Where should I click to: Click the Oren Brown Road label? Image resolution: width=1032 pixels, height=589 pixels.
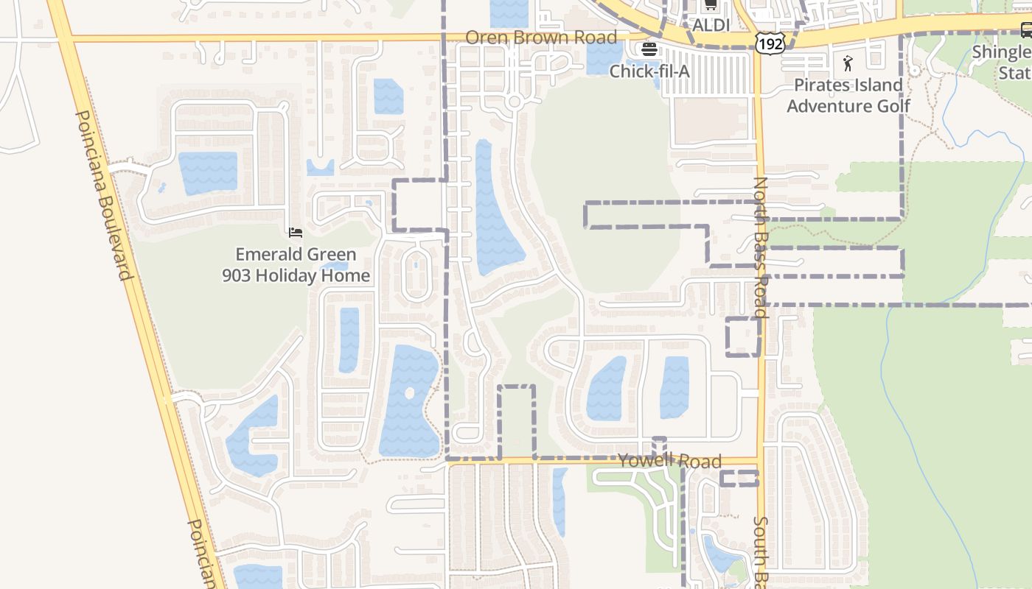(541, 38)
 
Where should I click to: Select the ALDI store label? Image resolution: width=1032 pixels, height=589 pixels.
(711, 25)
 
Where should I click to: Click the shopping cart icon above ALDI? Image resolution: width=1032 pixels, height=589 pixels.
(711, 6)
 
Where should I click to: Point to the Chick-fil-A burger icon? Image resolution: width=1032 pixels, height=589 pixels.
(649, 50)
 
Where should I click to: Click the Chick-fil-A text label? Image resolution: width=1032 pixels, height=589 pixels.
(649, 71)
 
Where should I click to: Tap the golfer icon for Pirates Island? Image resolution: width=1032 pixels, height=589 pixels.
(848, 63)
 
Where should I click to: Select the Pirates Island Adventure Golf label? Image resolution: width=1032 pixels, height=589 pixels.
(848, 95)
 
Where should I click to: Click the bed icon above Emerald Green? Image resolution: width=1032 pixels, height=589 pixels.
(296, 233)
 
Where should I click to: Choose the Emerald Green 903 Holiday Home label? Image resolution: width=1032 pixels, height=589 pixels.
(296, 265)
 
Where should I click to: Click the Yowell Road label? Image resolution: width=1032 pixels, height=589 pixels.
(669, 462)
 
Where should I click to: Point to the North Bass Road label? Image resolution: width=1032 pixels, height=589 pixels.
(761, 247)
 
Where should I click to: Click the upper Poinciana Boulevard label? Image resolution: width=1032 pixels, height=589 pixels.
(103, 195)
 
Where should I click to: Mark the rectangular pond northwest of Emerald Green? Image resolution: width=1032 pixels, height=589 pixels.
(208, 173)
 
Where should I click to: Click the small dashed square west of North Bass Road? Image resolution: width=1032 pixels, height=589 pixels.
(743, 336)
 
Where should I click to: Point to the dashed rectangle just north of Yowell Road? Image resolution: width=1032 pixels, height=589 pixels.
(516, 421)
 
